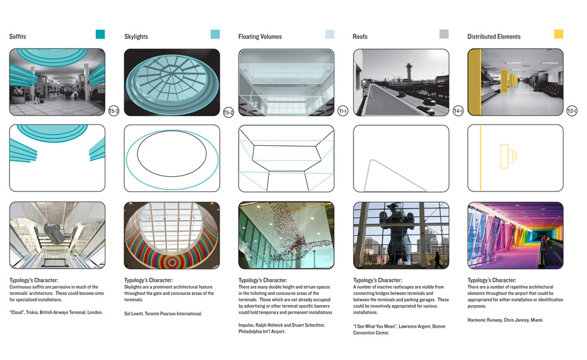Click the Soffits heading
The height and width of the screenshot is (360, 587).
tap(18, 37)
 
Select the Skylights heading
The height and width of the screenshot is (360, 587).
tap(136, 37)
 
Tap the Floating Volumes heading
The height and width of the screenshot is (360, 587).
tap(260, 37)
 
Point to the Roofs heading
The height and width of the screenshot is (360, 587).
tap(360, 37)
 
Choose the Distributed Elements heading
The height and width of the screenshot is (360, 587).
tap(494, 37)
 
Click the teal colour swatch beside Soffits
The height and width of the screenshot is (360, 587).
tap(100, 34)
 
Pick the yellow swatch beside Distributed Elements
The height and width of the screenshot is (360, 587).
tap(559, 34)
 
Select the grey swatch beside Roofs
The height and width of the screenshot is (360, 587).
tap(444, 34)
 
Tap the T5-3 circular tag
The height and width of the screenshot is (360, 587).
tap(114, 111)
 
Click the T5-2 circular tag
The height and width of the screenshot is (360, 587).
tap(228, 112)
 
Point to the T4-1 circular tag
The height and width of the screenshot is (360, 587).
tap(458, 111)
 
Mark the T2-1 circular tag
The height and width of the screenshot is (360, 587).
tap(572, 111)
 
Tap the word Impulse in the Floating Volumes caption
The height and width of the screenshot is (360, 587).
tap(247, 325)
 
